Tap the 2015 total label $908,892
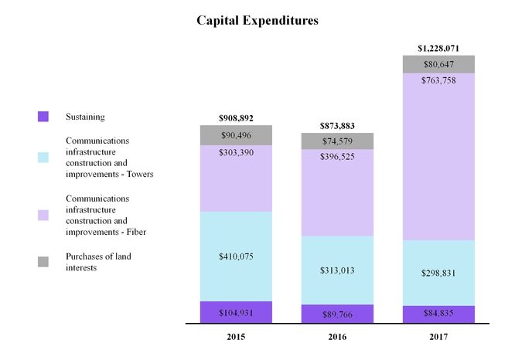(236, 118)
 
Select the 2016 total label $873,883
(337, 125)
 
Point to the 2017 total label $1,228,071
(438, 48)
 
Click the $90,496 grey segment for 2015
(236, 136)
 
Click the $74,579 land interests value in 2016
(337, 141)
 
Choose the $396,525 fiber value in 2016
(337, 158)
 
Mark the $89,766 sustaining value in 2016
(337, 314)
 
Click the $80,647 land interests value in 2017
(438, 65)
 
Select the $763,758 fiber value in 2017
(438, 80)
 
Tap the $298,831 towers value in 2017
(438, 273)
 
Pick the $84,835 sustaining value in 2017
(438, 314)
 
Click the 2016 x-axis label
(337, 338)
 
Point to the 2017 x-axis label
(438, 338)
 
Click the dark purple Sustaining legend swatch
(43, 117)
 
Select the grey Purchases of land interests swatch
(43, 261)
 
